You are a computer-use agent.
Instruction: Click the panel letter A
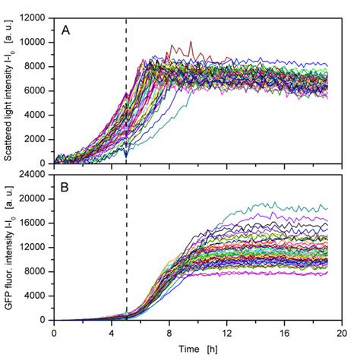(67, 32)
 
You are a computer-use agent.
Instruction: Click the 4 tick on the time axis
(112, 332)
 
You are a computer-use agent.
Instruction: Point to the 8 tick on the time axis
(169, 332)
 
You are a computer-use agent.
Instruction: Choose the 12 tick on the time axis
(227, 332)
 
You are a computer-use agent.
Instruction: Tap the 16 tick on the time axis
(285, 332)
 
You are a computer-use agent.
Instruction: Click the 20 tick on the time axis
(342, 332)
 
